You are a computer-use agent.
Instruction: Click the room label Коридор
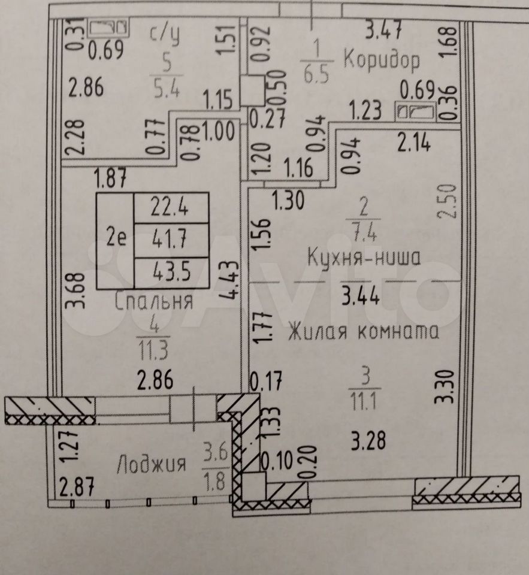(382, 60)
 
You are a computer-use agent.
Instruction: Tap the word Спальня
(154, 301)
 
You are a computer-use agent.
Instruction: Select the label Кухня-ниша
(364, 258)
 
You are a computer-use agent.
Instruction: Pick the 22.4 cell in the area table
(171, 208)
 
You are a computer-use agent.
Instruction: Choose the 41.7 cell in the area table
(171, 240)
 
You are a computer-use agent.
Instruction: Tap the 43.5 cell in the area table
(171, 273)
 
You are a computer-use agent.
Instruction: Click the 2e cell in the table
(116, 239)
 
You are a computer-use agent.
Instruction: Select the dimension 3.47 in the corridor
(384, 28)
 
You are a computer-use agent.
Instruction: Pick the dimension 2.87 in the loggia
(76, 487)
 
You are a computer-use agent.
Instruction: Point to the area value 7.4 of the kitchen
(363, 232)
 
